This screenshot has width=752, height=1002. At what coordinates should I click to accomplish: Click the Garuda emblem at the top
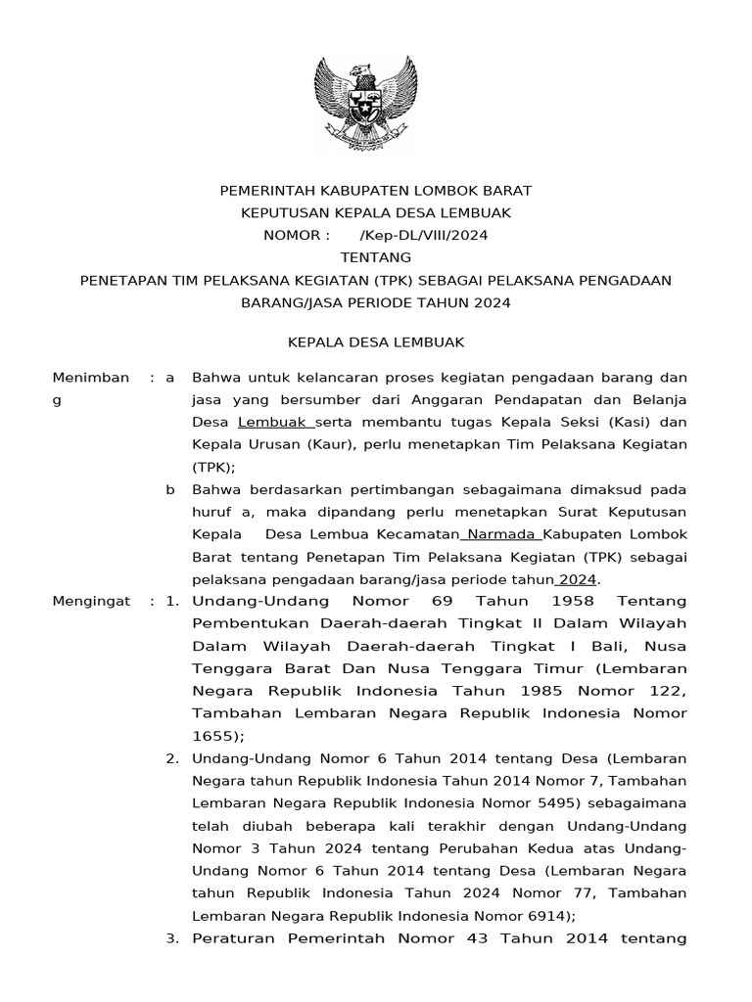[375, 101]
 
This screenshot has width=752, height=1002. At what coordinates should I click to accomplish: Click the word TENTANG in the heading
[375, 258]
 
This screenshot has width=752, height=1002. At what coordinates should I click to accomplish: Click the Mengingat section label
[91, 600]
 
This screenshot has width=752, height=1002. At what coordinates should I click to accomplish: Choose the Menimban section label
[90, 378]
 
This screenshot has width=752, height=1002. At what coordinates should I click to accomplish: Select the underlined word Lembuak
[274, 423]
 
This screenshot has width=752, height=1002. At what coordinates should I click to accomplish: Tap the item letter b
[170, 489]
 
